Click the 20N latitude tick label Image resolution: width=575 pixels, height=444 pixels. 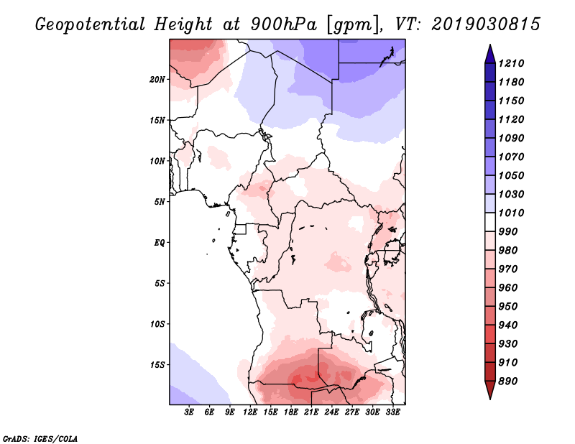click(x=157, y=80)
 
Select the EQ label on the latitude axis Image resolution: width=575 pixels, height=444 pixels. click(x=159, y=243)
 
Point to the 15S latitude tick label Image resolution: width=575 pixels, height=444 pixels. click(x=157, y=365)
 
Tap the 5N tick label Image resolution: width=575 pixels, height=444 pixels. click(x=160, y=202)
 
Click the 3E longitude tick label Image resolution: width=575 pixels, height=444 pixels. click(x=189, y=412)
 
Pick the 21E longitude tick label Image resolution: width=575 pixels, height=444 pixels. click(x=311, y=412)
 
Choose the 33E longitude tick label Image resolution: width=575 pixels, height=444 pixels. click(x=392, y=412)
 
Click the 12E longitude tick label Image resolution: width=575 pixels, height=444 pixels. click(x=250, y=412)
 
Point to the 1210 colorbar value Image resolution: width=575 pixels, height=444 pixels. click(x=511, y=63)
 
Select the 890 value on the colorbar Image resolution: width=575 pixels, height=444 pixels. click(x=508, y=381)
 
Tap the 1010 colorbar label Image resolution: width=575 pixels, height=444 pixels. click(x=511, y=213)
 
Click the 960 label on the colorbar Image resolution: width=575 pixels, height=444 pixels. click(x=508, y=288)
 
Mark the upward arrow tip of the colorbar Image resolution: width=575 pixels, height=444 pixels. click(x=490, y=45)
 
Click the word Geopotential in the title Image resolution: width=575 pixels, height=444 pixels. click(x=91, y=24)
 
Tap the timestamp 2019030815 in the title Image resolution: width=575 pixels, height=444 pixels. click(x=486, y=24)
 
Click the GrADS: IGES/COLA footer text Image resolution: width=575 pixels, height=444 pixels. click(x=40, y=439)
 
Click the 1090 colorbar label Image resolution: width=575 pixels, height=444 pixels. click(x=511, y=138)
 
